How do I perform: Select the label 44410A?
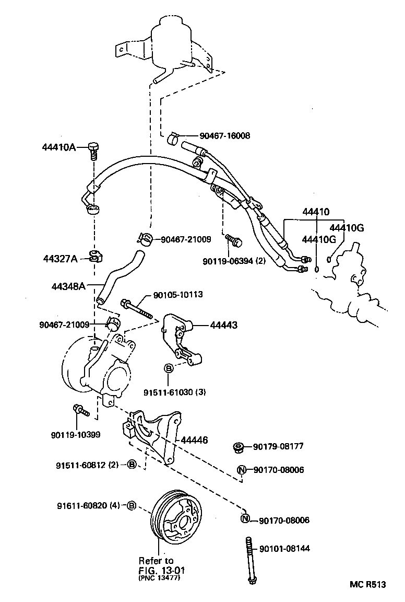[x=59, y=147]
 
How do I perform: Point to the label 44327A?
[x=60, y=259]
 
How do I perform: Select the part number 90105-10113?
[x=178, y=295]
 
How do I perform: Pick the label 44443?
[x=224, y=325]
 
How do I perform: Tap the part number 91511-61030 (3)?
[x=174, y=392]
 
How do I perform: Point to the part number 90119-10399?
[x=75, y=434]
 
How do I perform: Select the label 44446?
[x=194, y=441]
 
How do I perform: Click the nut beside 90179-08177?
[x=239, y=447]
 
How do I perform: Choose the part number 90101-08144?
[x=284, y=548]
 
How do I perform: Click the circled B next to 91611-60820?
[x=132, y=505]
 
